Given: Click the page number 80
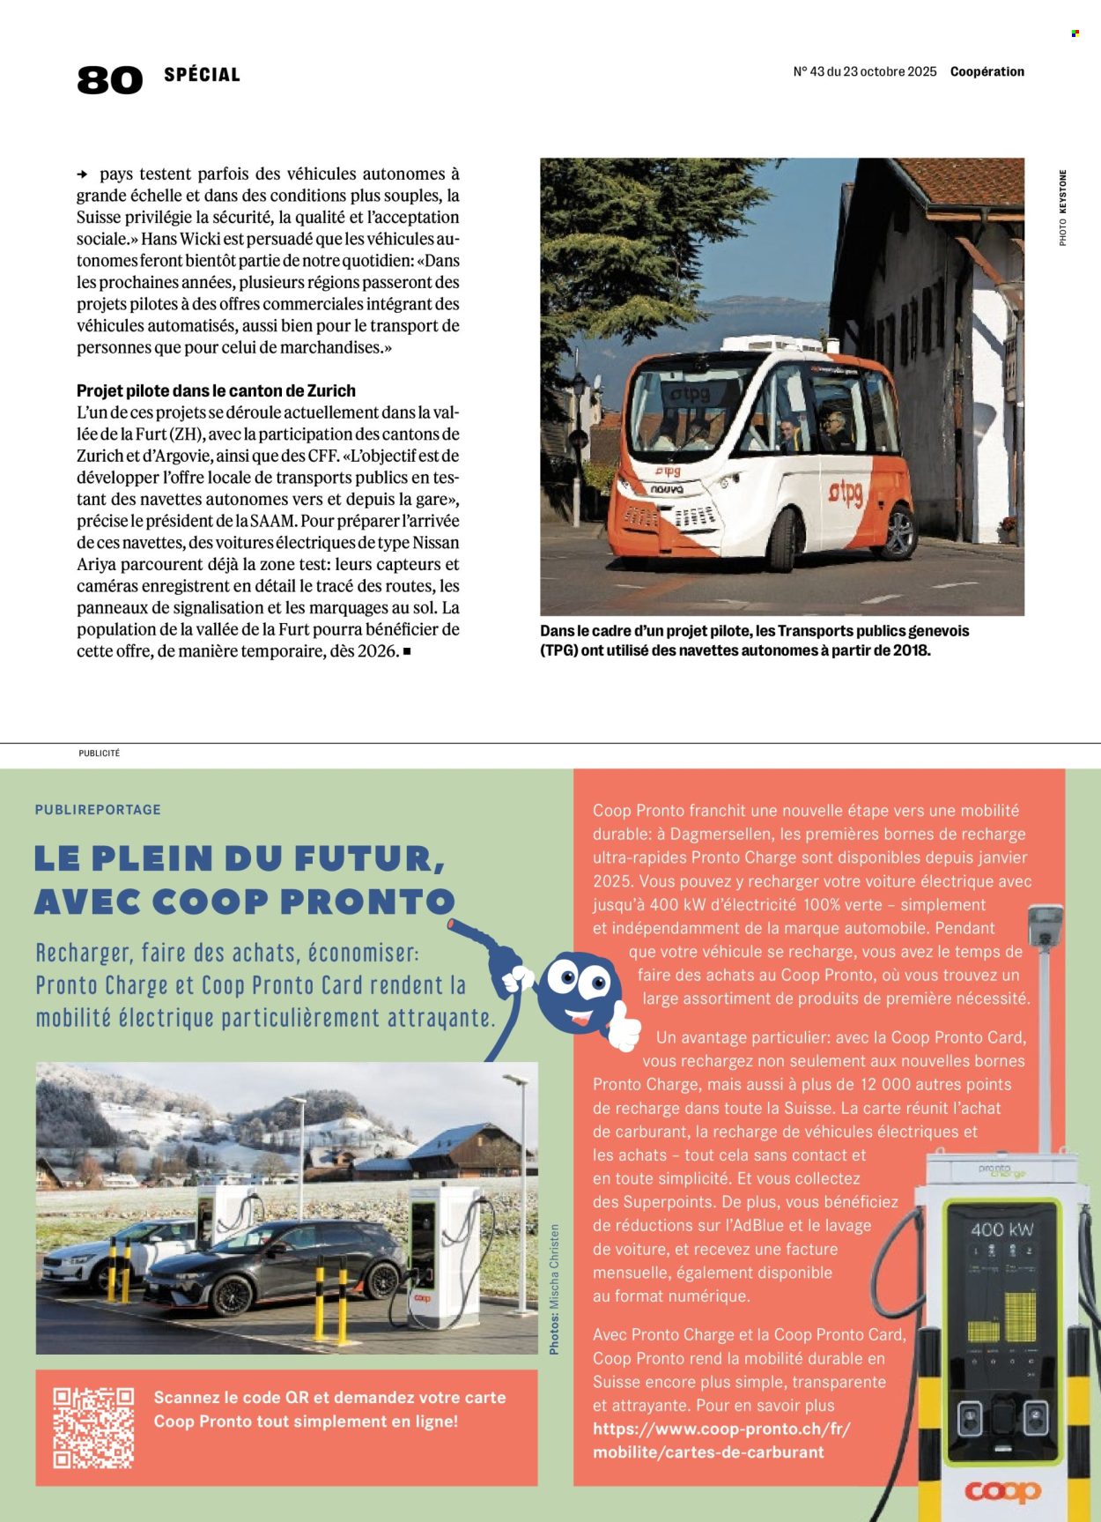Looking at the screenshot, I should (x=109, y=80).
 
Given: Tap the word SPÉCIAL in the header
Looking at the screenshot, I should (x=202, y=75).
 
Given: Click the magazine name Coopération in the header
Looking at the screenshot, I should (x=986, y=71).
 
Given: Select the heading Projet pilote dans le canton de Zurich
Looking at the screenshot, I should (x=216, y=390).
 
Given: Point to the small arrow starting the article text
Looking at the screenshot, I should (x=83, y=174).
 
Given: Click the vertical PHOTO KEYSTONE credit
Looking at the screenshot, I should (x=1063, y=208).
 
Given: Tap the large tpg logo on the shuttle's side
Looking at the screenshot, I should (x=845, y=493).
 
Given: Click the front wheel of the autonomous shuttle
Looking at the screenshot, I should (x=783, y=538).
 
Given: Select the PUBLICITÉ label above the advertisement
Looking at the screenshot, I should (x=99, y=754).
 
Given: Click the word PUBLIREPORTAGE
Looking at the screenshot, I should (x=98, y=809).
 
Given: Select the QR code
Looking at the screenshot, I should (x=93, y=1427).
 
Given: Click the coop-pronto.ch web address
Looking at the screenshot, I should (x=720, y=1440).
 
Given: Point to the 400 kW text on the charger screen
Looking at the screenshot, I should (x=1002, y=1229).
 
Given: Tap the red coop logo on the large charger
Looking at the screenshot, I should (x=1002, y=1491).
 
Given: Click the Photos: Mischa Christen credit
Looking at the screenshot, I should (x=554, y=1288).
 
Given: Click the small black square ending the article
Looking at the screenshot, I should (x=407, y=651).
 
